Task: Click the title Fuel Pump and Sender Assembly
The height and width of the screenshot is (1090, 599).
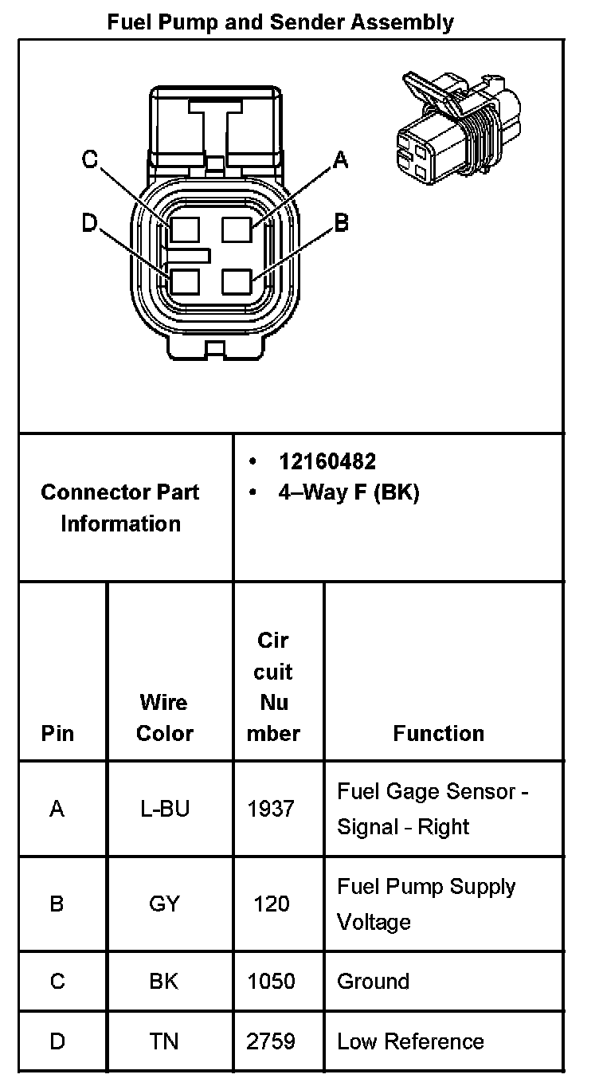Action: [280, 22]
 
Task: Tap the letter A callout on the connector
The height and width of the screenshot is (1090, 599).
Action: [341, 161]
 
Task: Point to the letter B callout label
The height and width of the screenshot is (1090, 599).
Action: [341, 222]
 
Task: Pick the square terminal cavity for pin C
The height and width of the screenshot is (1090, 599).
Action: [184, 230]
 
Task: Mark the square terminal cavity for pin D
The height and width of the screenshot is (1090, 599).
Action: [184, 283]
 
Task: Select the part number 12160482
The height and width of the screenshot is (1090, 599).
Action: [327, 461]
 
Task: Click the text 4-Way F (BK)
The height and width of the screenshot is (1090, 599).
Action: [348, 493]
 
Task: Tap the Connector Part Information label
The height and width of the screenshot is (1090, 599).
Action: [120, 508]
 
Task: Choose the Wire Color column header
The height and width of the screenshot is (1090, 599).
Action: [164, 718]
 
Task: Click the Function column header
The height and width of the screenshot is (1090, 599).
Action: [438, 733]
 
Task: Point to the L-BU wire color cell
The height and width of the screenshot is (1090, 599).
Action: [164, 809]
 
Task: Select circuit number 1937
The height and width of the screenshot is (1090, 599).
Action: [272, 809]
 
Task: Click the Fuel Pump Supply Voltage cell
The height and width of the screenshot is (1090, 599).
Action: [426, 904]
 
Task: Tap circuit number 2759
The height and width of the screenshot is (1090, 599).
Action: [272, 1041]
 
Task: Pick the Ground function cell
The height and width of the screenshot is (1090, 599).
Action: [373, 981]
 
